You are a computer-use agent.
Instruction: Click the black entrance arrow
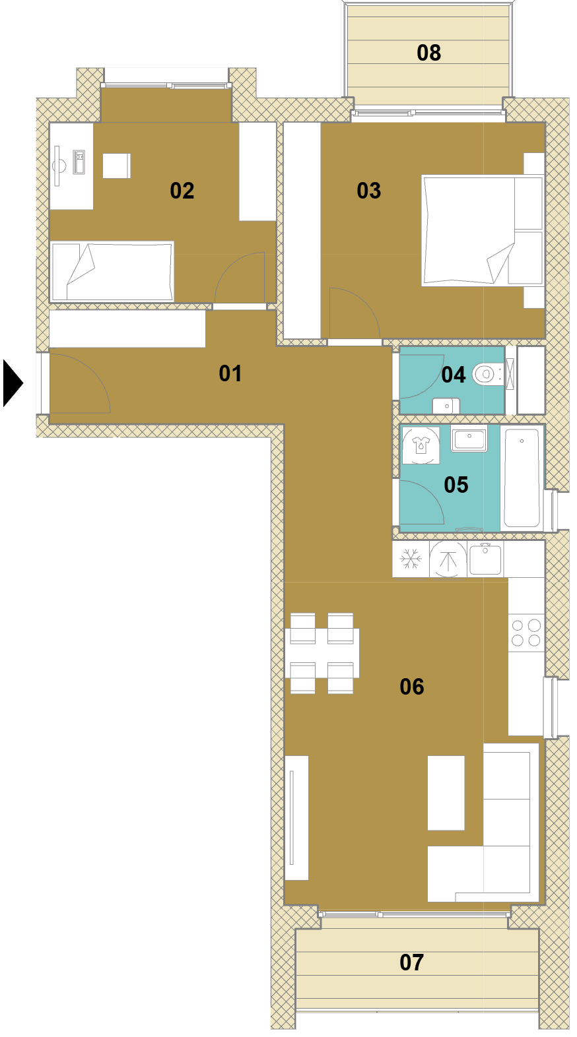[12, 383]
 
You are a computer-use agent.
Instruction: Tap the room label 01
[230, 373]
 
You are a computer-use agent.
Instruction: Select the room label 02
[182, 191]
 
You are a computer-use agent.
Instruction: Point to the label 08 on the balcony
[428, 53]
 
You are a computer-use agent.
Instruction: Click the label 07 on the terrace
[411, 962]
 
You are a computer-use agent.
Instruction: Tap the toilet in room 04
[487, 374]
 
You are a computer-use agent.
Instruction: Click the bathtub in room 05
[522, 478]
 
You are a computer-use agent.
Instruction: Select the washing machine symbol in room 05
[421, 445]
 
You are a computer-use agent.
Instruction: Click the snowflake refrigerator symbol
[411, 559]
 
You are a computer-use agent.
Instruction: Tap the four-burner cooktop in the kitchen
[526, 633]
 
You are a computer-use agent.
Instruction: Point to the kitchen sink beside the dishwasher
[485, 559]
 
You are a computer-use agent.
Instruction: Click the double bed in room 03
[482, 230]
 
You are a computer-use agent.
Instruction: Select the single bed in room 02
[112, 271]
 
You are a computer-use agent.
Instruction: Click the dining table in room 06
[322, 653]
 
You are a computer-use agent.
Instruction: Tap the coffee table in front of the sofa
[446, 793]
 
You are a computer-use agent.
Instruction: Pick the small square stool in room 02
[116, 166]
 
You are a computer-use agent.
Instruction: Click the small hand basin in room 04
[446, 406]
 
